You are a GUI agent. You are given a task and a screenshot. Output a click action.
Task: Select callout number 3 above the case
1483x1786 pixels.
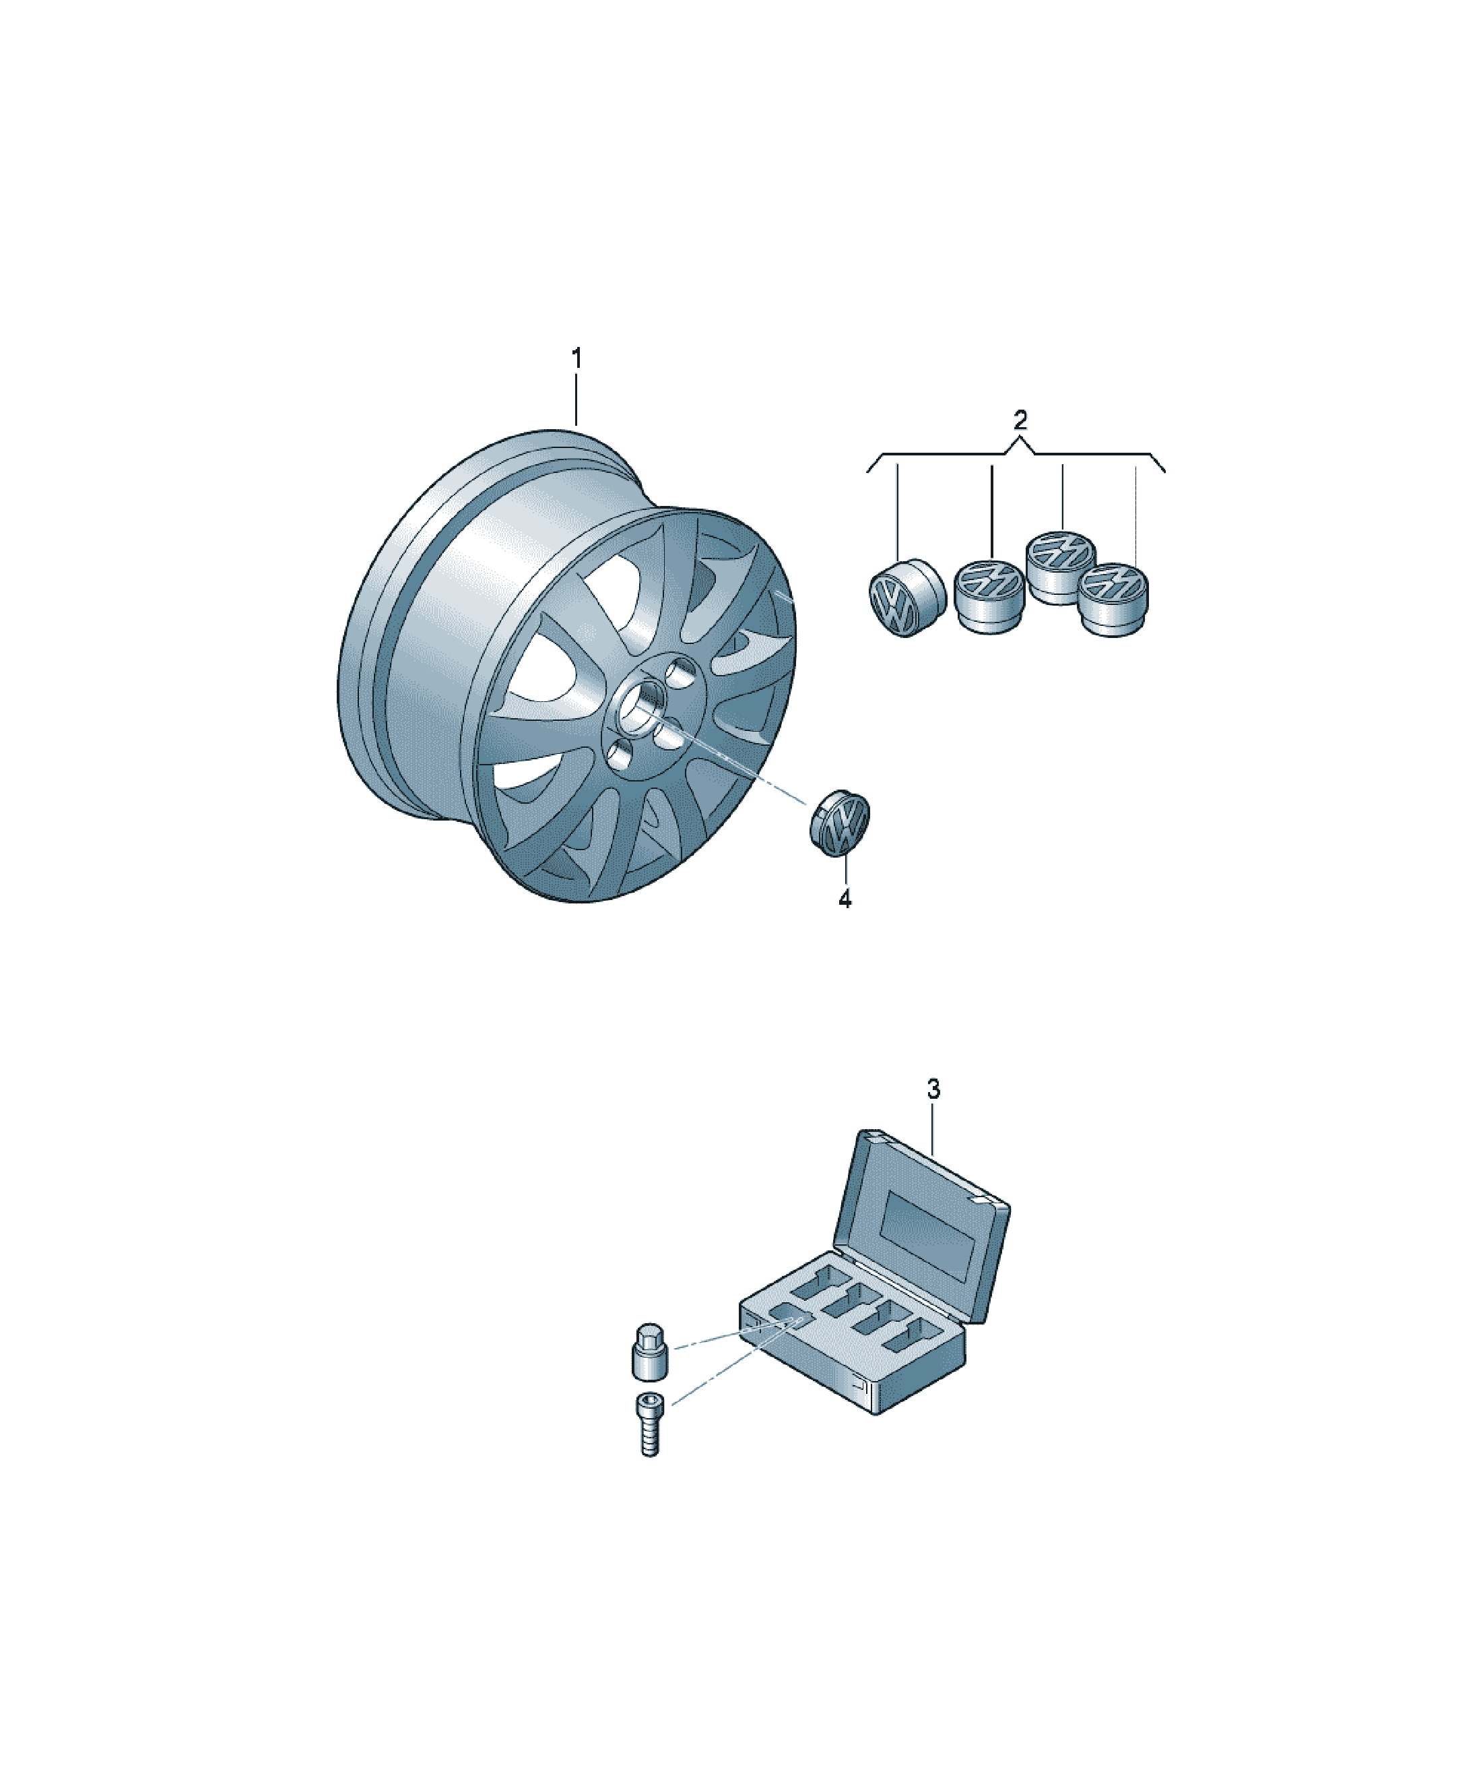[933, 1089]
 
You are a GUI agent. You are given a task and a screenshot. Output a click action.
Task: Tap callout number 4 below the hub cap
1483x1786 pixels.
[845, 899]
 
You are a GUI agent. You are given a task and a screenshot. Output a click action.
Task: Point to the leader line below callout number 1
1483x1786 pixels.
[576, 400]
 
